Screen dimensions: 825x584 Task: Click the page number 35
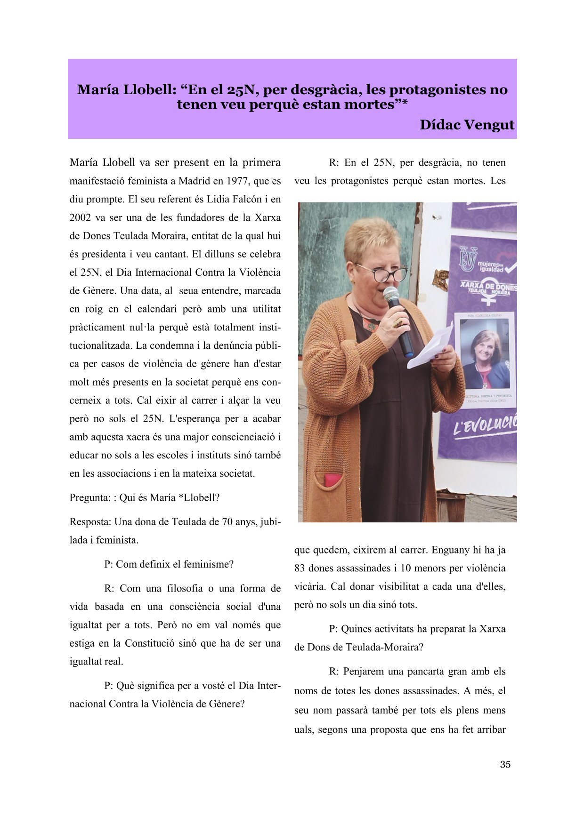pyautogui.click(x=505, y=764)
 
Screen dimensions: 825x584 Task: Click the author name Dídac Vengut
pyautogui.click(x=467, y=125)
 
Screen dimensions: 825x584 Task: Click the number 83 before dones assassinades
pyautogui.click(x=300, y=569)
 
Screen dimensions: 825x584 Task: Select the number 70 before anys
pyautogui.click(x=228, y=522)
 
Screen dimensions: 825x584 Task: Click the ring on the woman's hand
pyautogui.click(x=398, y=323)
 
